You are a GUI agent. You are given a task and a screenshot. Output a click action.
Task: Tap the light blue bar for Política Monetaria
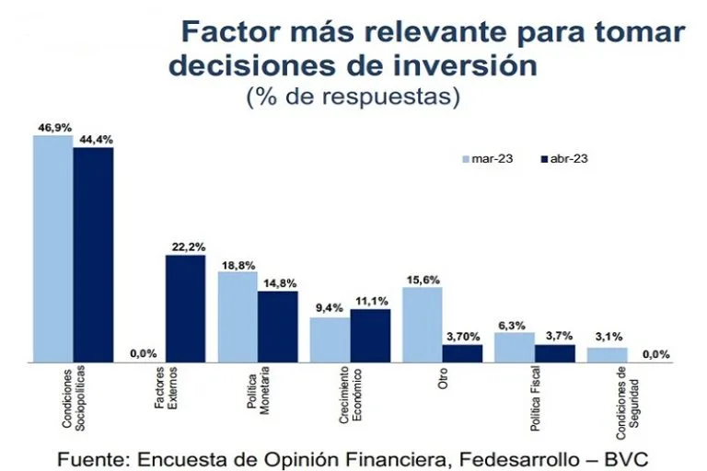point(238,316)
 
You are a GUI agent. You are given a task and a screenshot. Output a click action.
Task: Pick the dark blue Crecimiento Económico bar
point(370,336)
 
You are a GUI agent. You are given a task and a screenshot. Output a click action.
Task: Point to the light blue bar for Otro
point(423,325)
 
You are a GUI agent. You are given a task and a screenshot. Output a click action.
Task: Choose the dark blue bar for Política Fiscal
point(554,353)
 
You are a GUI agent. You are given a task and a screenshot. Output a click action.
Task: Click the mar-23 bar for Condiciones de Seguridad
point(607,355)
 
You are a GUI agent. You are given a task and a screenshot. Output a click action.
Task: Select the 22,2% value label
point(186,247)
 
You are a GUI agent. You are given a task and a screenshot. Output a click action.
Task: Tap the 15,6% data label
point(423,280)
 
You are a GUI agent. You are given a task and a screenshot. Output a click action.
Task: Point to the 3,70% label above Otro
point(462,338)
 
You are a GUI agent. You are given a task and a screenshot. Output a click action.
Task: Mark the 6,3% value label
point(514,324)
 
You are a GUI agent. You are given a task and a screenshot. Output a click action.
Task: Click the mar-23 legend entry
point(487,158)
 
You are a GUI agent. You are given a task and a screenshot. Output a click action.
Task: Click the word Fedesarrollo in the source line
point(492,457)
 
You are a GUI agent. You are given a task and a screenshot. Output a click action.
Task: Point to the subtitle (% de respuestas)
point(353,96)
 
